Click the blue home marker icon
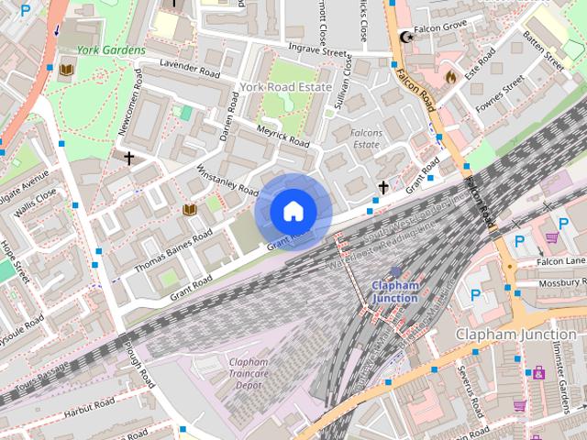(x=292, y=212)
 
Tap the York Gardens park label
(x=110, y=50)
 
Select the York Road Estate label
(x=285, y=86)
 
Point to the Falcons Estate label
(x=366, y=138)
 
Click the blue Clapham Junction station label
(x=394, y=291)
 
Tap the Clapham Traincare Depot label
(x=249, y=374)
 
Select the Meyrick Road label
(x=283, y=136)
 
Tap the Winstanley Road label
(x=228, y=180)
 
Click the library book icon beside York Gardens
(x=66, y=70)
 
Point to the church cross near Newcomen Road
(x=129, y=158)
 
